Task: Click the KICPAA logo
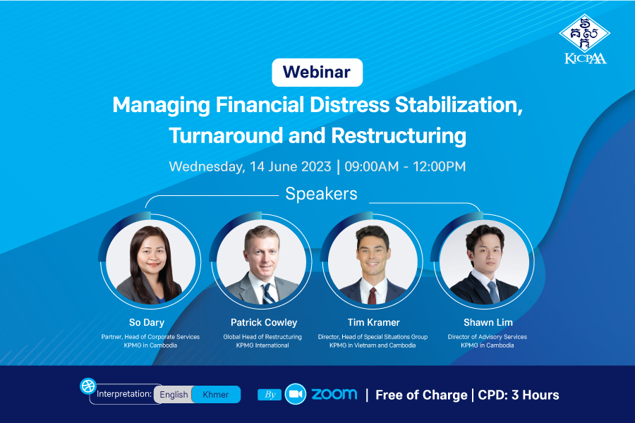(x=585, y=39)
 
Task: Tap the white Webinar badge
(x=317, y=73)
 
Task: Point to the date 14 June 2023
(x=291, y=166)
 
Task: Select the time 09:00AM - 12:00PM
(x=405, y=166)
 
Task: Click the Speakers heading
(x=321, y=193)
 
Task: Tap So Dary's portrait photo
(x=151, y=262)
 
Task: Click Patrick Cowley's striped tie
(x=267, y=293)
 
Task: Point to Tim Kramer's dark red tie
(x=372, y=296)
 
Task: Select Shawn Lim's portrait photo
(x=484, y=262)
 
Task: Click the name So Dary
(x=147, y=323)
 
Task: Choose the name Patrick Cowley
(x=264, y=323)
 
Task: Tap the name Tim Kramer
(x=373, y=323)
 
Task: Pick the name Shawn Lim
(x=488, y=323)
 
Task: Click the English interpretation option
(x=174, y=394)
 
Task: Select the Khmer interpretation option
(x=216, y=394)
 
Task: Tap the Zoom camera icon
(x=296, y=394)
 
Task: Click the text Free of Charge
(x=421, y=395)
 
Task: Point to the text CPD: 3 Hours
(x=519, y=395)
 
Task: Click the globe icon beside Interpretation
(x=88, y=386)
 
